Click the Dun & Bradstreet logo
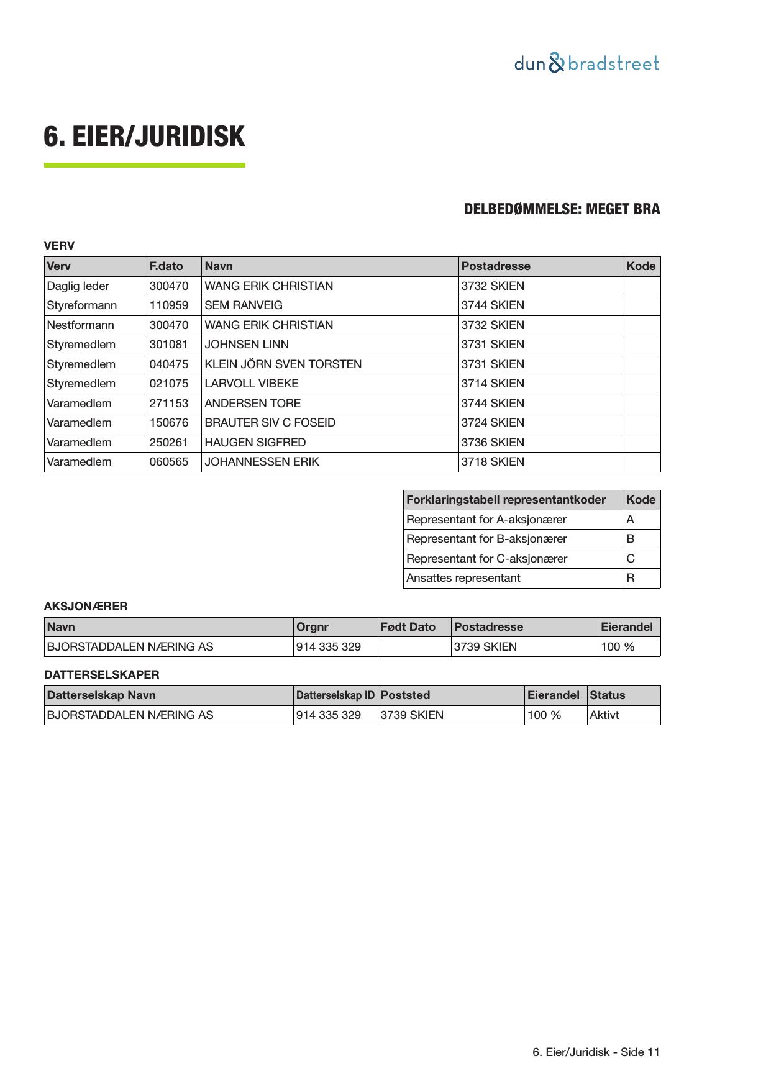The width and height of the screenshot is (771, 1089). click(x=586, y=63)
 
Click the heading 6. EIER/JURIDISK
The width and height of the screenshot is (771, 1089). click(x=144, y=137)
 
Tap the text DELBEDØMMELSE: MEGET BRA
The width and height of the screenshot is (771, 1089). click(x=562, y=209)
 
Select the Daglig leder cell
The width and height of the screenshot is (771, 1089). click(x=78, y=286)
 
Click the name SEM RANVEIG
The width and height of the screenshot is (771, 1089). click(x=243, y=305)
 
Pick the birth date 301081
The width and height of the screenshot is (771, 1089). click(x=168, y=345)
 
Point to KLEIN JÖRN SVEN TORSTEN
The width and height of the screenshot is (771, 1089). click(x=283, y=364)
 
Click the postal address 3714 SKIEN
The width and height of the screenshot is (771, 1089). click(x=492, y=384)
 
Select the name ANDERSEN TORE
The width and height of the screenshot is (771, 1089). click(x=252, y=404)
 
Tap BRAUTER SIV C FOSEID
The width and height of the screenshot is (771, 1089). click(x=270, y=423)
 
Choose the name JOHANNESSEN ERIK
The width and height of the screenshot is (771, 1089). click(x=262, y=462)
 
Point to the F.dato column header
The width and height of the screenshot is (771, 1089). click(x=166, y=266)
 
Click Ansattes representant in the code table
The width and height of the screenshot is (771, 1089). click(x=463, y=578)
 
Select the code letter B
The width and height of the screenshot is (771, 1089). click(x=631, y=539)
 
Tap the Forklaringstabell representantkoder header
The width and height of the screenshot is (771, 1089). click(x=506, y=500)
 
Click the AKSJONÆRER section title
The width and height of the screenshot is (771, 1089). click(x=86, y=607)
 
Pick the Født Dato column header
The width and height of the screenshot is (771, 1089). click(x=408, y=627)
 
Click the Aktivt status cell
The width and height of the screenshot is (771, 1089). click(x=604, y=715)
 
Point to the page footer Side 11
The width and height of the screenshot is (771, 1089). click(x=596, y=1052)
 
